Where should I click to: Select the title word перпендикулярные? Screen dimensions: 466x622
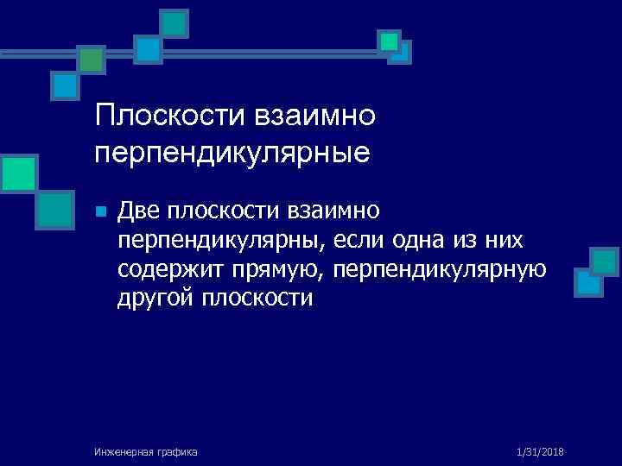coord(233,153)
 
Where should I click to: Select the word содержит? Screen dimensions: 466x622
coord(171,270)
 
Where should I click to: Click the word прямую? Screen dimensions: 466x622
coord(277,270)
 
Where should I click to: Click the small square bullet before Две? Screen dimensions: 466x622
coord(100,211)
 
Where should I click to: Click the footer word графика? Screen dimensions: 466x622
coord(176,451)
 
